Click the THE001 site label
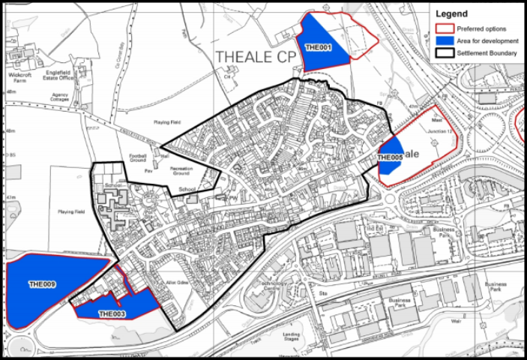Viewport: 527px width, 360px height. (319, 48)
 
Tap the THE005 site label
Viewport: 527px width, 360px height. (391, 157)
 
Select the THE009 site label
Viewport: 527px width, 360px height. (43, 284)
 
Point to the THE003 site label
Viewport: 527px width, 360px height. (112, 313)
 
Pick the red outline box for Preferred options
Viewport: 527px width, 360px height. (443, 28)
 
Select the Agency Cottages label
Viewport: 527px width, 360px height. (61, 97)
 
